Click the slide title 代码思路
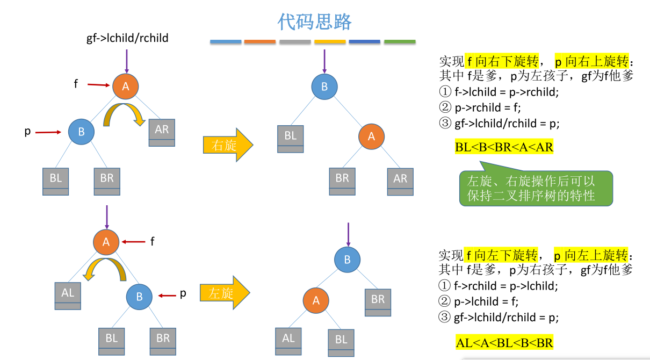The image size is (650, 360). point(314,21)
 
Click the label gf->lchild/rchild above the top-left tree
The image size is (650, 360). point(127,38)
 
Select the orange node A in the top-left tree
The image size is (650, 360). point(126,87)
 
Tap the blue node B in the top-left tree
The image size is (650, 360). point(81,132)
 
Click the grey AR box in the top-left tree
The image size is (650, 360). point(162,132)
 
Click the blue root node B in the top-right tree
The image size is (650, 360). point(324,87)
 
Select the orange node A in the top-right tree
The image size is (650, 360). point(371,136)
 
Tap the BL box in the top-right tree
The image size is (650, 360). point(291,139)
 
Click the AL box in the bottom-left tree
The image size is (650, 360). point(68,296)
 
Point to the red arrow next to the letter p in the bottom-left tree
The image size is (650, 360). point(168,295)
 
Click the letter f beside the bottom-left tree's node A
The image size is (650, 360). point(152,242)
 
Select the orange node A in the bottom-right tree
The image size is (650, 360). point(316,300)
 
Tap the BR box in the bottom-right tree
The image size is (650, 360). point(378,302)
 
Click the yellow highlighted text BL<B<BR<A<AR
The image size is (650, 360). point(504,147)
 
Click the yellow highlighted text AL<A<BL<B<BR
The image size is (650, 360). point(504,342)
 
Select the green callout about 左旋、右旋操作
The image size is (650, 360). point(535,189)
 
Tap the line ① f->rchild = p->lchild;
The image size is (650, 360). point(499,285)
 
